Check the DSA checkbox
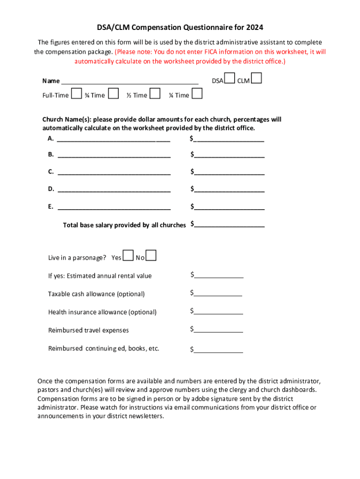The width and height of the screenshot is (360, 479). click(229, 79)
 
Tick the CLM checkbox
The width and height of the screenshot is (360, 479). click(256, 79)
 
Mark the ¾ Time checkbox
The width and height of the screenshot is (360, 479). click(113, 94)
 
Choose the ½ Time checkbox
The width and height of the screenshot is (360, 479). click(156, 94)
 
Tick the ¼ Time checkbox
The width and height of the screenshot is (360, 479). click(197, 94)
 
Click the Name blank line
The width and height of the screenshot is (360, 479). click(130, 82)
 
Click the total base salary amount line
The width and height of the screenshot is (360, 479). click(229, 226)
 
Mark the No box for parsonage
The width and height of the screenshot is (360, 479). click(151, 255)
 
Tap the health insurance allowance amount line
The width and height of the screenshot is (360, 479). click(218, 313)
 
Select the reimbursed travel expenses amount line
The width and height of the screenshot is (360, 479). click(218, 331)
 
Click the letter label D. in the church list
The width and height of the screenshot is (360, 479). click(51, 189)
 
